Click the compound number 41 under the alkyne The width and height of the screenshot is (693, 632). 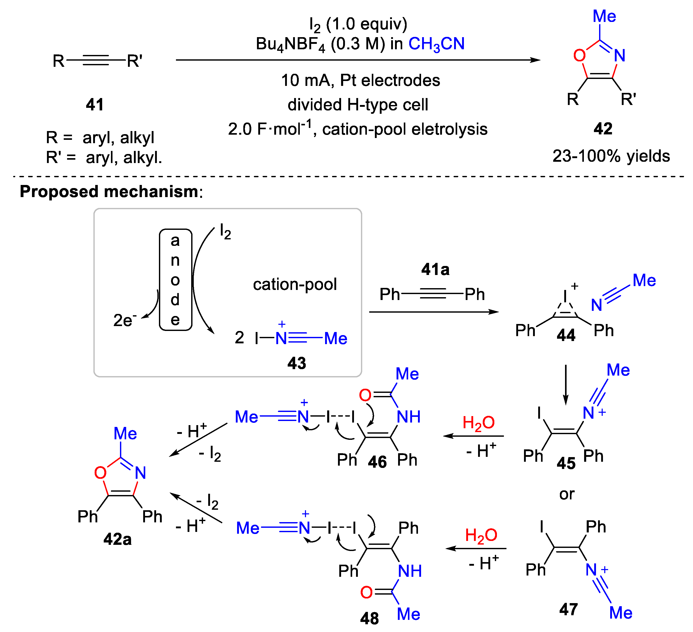click(94, 104)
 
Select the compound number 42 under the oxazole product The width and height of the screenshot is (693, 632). click(603, 129)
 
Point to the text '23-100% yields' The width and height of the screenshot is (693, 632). click(611, 156)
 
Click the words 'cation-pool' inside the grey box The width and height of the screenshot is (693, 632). click(295, 284)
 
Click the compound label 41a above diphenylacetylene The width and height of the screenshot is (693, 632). click(435, 269)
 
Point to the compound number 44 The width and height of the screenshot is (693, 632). click(566, 335)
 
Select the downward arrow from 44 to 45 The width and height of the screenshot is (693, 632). click(566, 385)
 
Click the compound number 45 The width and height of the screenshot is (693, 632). click(566, 463)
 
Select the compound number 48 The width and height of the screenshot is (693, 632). click(369, 619)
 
